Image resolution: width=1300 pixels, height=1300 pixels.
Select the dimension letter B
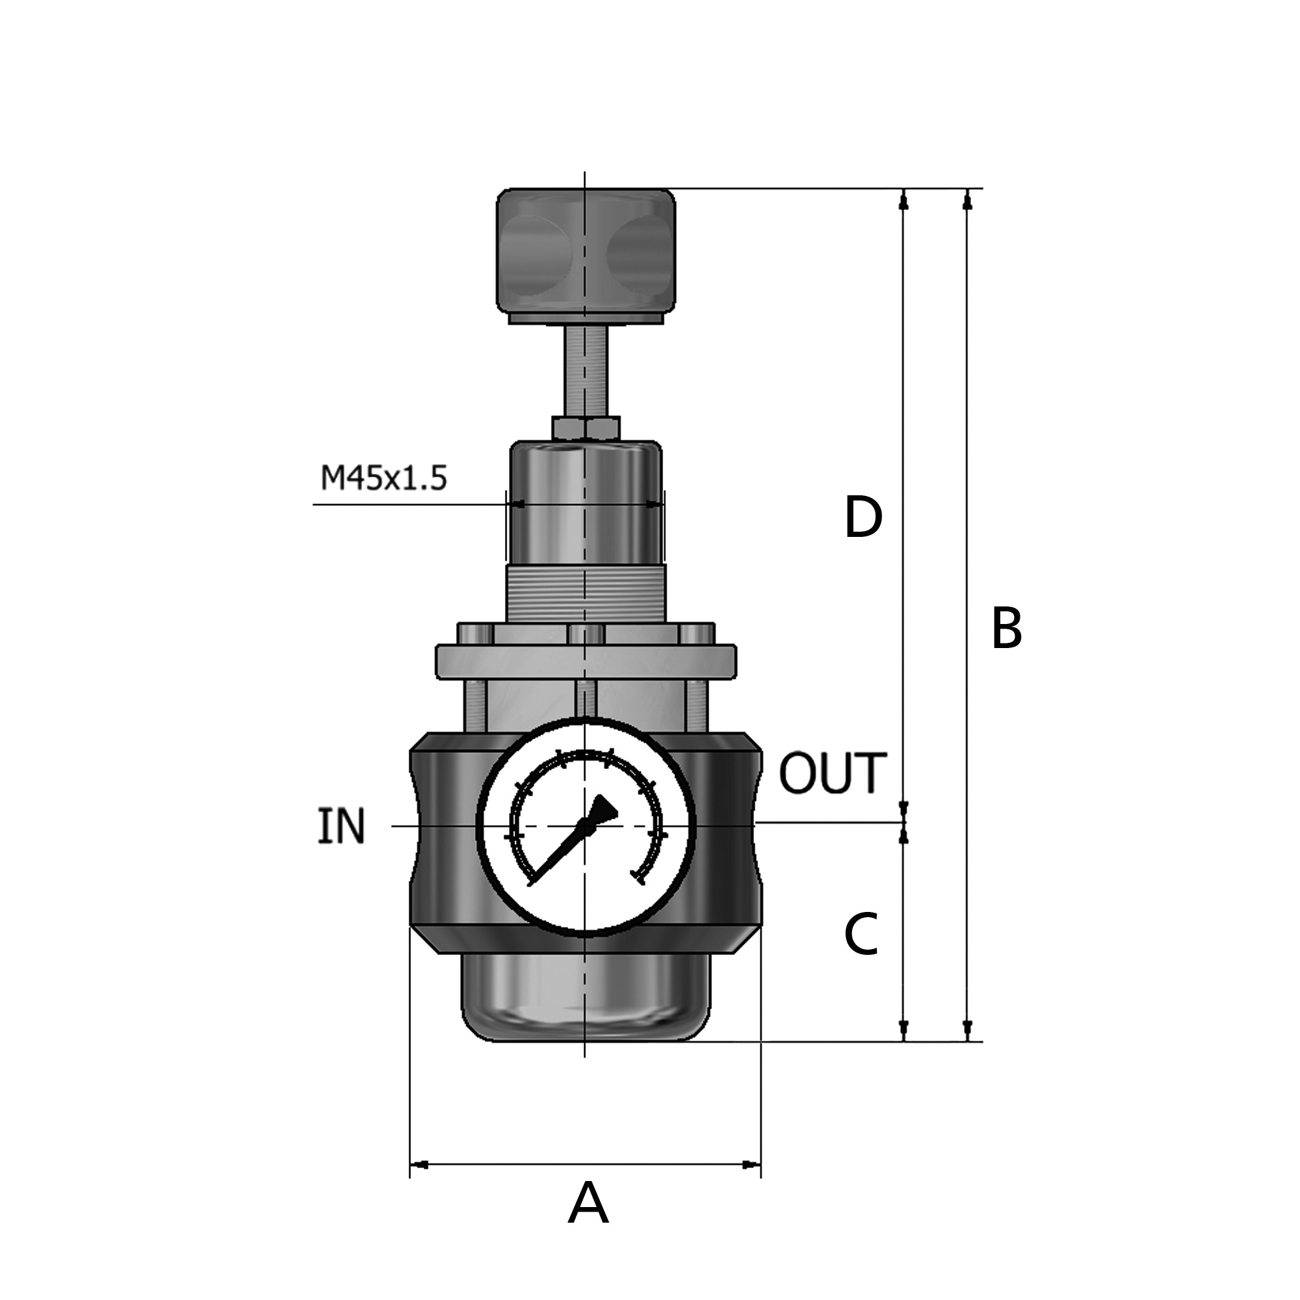tap(1007, 629)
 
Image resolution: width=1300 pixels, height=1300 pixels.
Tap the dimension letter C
tap(861, 934)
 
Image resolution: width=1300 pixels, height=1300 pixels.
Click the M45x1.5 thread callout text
tap(383, 478)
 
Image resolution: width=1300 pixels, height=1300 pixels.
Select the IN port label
tap(341, 826)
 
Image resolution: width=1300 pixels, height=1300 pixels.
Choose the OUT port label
tap(833, 773)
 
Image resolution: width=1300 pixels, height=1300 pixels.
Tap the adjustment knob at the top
tap(586, 256)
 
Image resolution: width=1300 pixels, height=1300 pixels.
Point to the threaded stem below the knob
tap(586, 370)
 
